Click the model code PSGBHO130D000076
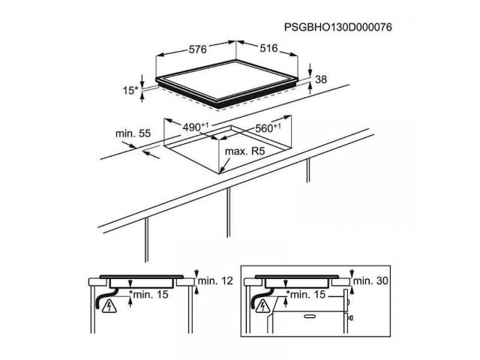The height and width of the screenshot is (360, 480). pos(339,27)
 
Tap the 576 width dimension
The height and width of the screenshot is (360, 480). pos(197,49)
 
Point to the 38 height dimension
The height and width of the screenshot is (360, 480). pos(322,79)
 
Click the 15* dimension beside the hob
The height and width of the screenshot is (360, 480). pos(131,91)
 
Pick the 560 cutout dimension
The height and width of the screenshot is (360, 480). pos(267,128)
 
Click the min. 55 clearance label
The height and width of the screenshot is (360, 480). pos(133,133)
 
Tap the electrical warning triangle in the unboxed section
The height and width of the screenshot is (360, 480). pos(110,304)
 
